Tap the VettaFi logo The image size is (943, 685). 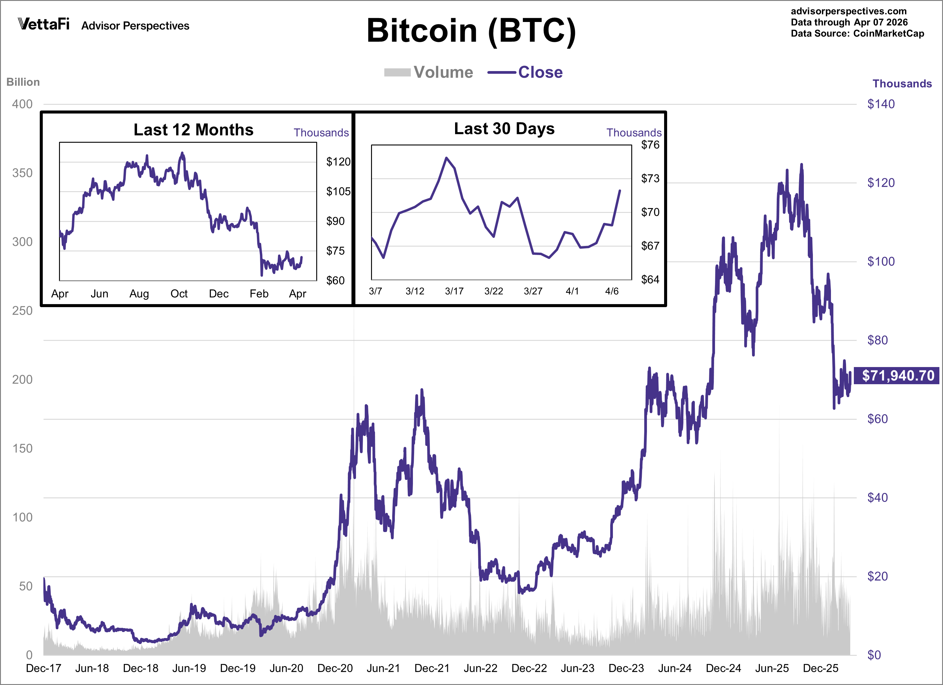[44, 24]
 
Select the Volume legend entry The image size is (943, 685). [429, 72]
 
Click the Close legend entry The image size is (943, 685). [526, 72]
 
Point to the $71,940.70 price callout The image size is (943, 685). [897, 375]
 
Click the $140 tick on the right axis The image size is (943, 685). [881, 104]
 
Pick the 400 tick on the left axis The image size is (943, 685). [22, 104]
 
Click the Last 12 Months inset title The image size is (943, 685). [193, 130]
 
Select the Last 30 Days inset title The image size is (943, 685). [504, 129]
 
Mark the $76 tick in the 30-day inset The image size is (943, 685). [650, 145]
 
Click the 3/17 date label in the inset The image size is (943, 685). [454, 291]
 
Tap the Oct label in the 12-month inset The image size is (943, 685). [179, 294]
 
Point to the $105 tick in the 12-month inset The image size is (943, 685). [338, 191]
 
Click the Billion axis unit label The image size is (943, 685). [23, 82]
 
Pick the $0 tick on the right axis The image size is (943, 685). [874, 655]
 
